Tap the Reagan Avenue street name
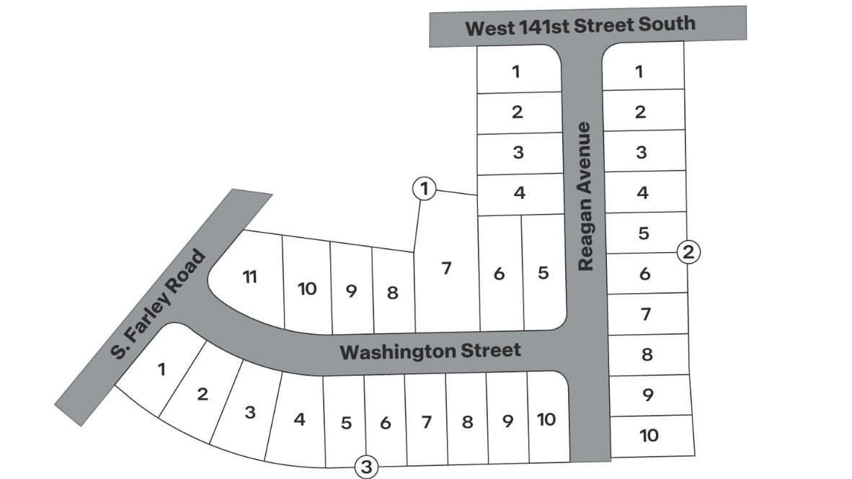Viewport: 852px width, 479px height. pos(585,196)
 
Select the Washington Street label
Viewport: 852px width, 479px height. pos(430,352)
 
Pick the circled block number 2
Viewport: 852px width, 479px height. pos(688,252)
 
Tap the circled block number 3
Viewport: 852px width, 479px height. pos(366,467)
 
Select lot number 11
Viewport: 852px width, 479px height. pos(249,277)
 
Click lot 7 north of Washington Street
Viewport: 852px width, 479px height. pos(446,268)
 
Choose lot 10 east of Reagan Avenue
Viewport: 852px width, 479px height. pos(649,435)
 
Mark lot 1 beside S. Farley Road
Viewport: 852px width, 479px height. pos(161,370)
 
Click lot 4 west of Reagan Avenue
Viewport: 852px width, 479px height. pos(519,193)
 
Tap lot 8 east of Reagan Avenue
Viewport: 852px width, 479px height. pos(647,354)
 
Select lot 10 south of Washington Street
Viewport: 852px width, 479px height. pos(546,419)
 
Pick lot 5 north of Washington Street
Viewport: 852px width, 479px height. pos(543,273)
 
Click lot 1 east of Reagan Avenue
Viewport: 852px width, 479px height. pos(639,71)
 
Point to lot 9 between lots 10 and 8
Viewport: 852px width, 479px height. pos(352,292)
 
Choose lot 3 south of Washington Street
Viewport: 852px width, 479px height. pos(250,413)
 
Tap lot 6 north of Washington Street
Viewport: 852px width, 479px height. pos(499,274)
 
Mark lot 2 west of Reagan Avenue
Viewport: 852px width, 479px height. pos(517,112)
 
